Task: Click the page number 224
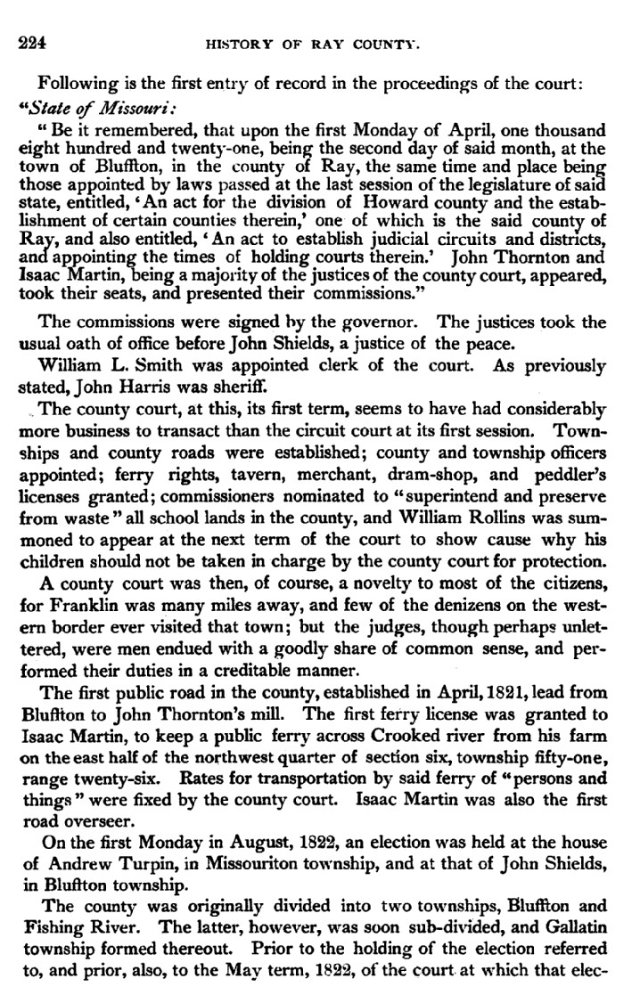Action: [x=32, y=42]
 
